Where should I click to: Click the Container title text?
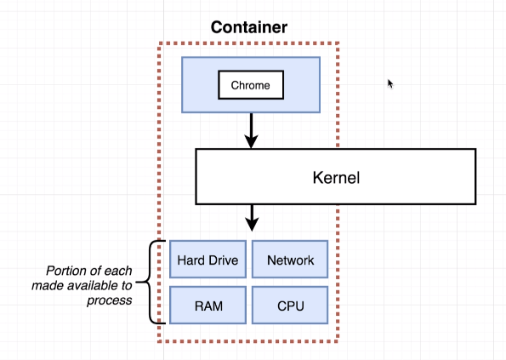pyautogui.click(x=249, y=27)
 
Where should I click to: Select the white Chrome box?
pyautogui.click(x=251, y=85)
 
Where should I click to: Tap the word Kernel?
pyautogui.click(x=336, y=178)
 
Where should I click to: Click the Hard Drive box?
pyautogui.click(x=208, y=260)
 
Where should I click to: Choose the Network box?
pyautogui.click(x=290, y=260)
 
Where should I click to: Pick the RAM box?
pyautogui.click(x=208, y=306)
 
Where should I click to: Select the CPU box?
pyautogui.click(x=290, y=306)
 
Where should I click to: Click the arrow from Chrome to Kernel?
pyautogui.click(x=251, y=131)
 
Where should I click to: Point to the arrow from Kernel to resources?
pyautogui.click(x=252, y=218)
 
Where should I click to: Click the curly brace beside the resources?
pyautogui.click(x=151, y=283)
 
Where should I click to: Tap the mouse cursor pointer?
pyautogui.click(x=390, y=83)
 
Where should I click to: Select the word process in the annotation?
pyautogui.click(x=110, y=300)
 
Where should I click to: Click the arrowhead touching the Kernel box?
pyautogui.click(x=251, y=142)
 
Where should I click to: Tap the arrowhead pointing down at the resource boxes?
pyautogui.click(x=252, y=225)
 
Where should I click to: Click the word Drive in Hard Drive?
pyautogui.click(x=223, y=260)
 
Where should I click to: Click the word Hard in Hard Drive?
pyautogui.click(x=191, y=260)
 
